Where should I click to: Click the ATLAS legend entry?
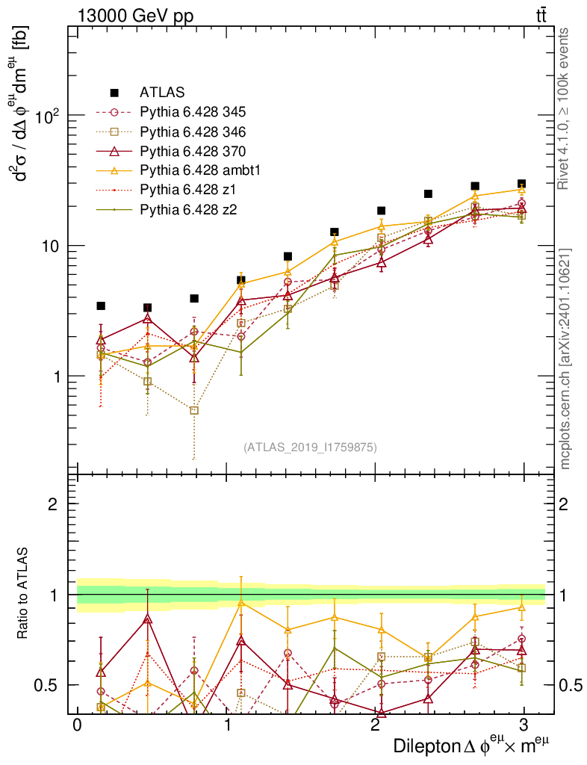pyautogui.click(x=158, y=93)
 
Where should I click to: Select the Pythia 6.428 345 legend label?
pyautogui.click(x=193, y=112)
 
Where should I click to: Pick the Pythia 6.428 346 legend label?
pyautogui.click(x=193, y=131)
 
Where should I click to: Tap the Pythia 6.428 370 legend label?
pyautogui.click(x=193, y=151)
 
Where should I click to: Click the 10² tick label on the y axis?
pyautogui.click(x=48, y=116)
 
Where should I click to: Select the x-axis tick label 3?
pyautogui.click(x=524, y=726)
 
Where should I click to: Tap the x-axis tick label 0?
pyautogui.click(x=77, y=726)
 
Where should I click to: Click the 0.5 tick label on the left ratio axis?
pyautogui.click(x=51, y=685)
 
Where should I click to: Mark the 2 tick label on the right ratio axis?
pyautogui.click(x=565, y=504)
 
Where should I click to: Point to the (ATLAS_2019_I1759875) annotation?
pyautogui.click(x=310, y=447)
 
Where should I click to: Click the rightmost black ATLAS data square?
pyautogui.click(x=521, y=184)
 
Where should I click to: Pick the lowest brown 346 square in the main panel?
pyautogui.click(x=194, y=410)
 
